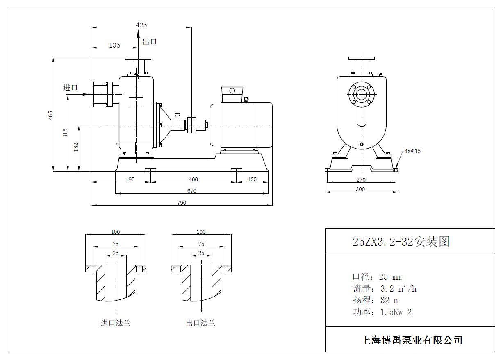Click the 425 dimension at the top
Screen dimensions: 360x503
tap(141, 25)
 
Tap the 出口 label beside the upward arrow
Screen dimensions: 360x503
tap(150, 41)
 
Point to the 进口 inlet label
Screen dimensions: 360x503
tap(70, 87)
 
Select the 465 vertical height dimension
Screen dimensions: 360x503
tap(51, 115)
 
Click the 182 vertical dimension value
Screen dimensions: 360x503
tap(76, 147)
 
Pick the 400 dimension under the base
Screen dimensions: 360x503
tap(193, 179)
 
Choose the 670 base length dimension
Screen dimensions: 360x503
tap(192, 191)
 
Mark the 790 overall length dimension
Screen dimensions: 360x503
tap(182, 203)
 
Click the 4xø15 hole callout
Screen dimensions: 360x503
tap(412, 151)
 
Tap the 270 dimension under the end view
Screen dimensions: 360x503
tap(361, 180)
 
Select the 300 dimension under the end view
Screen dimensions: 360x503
tap(360, 189)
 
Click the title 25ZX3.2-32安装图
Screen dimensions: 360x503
tap(401, 241)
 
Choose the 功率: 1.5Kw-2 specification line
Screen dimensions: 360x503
tap(382, 312)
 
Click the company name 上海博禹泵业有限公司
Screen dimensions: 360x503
tap(412, 340)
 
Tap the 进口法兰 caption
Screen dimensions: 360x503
tap(116, 323)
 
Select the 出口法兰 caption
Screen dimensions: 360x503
tap(200, 323)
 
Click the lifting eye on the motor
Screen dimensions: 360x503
tap(246, 99)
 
